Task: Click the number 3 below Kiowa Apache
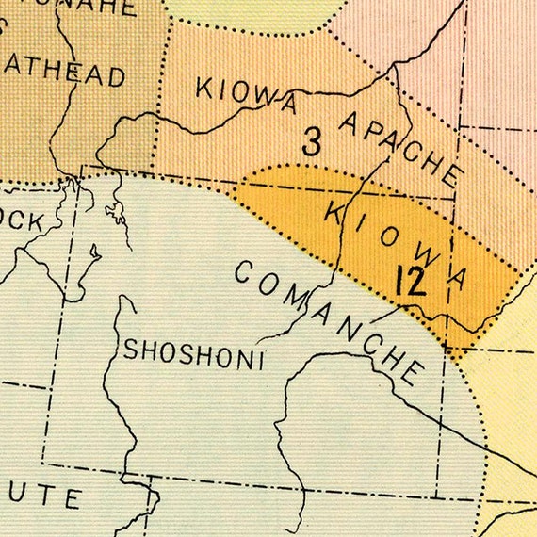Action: pos(312,141)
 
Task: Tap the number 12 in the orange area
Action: pos(410,283)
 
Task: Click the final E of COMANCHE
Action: pos(410,372)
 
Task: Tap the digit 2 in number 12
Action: pos(416,283)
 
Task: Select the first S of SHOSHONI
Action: pos(131,350)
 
